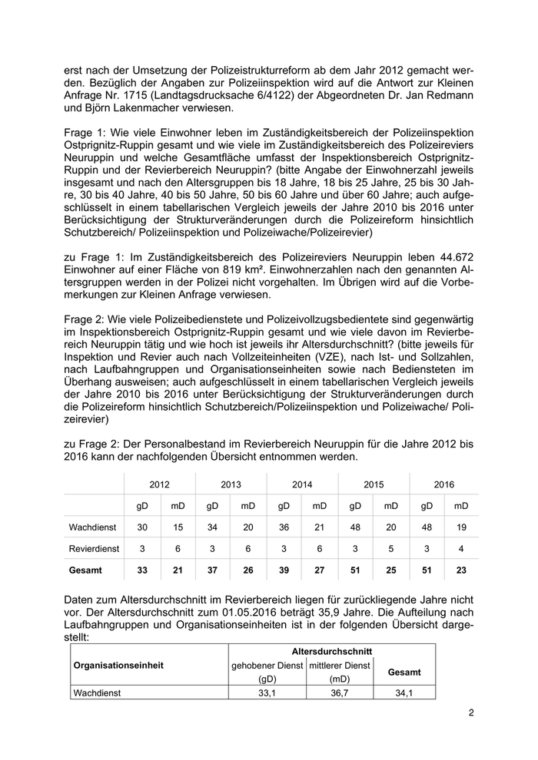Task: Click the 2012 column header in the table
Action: (160, 484)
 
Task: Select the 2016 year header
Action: (443, 484)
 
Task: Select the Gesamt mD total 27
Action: (320, 570)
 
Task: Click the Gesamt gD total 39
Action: (284, 570)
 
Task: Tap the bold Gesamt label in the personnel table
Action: (85, 570)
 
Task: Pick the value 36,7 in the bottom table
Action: (340, 692)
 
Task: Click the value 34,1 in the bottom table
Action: (404, 692)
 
